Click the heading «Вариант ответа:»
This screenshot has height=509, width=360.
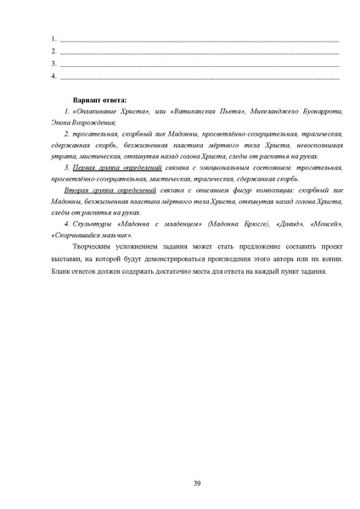pyautogui.click(x=106, y=99)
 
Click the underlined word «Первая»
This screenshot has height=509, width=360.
pyautogui.click(x=83, y=169)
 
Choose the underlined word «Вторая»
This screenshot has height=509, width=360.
pyautogui.click(x=83, y=193)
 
